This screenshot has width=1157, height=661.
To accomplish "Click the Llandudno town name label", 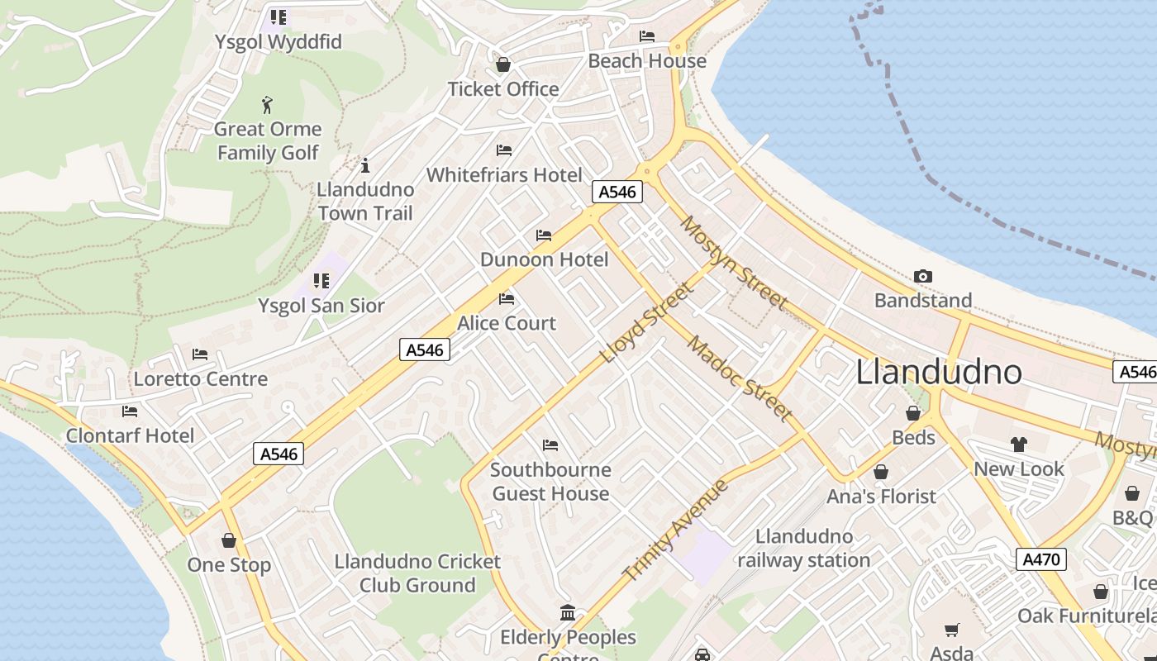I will point(939,372).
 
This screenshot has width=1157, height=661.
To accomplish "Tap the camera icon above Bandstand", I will point(923,276).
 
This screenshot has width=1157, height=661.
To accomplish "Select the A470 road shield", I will point(1040,559).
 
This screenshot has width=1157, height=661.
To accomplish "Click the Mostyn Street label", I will point(734,262).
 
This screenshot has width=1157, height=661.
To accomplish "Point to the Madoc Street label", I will point(740,378).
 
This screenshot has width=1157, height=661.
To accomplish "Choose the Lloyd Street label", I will point(647,323).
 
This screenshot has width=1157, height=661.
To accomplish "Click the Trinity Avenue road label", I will point(676,530).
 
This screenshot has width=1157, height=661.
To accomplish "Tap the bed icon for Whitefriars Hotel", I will point(504,150).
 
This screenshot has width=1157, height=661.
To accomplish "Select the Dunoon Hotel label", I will point(544,259).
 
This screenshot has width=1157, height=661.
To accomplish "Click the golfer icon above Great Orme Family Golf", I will point(267,105).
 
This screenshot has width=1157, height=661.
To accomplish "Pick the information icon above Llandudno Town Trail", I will point(365,165).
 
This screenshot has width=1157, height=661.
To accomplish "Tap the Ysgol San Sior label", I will point(321,306).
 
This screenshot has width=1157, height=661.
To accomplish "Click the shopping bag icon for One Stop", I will point(229,540).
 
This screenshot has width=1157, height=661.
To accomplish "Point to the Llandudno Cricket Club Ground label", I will point(417,573).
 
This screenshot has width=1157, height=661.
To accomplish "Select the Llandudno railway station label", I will point(803,548).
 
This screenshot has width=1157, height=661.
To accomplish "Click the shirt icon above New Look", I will point(1018,445).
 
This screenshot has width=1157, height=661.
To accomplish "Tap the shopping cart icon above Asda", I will point(951,630).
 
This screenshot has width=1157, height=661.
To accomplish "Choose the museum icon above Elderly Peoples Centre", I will point(568,613).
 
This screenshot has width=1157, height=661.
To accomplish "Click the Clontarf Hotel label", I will point(130,435).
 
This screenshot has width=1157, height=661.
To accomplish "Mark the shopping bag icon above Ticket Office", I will point(502,64).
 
